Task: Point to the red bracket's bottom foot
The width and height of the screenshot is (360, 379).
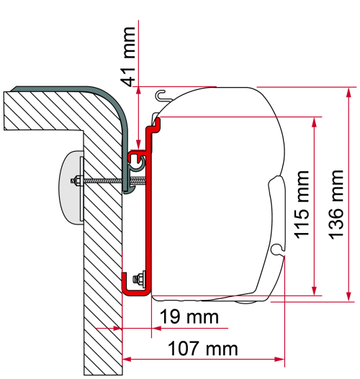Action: pyautogui.click(x=137, y=291)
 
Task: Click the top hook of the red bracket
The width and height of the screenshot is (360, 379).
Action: pyautogui.click(x=154, y=126)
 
